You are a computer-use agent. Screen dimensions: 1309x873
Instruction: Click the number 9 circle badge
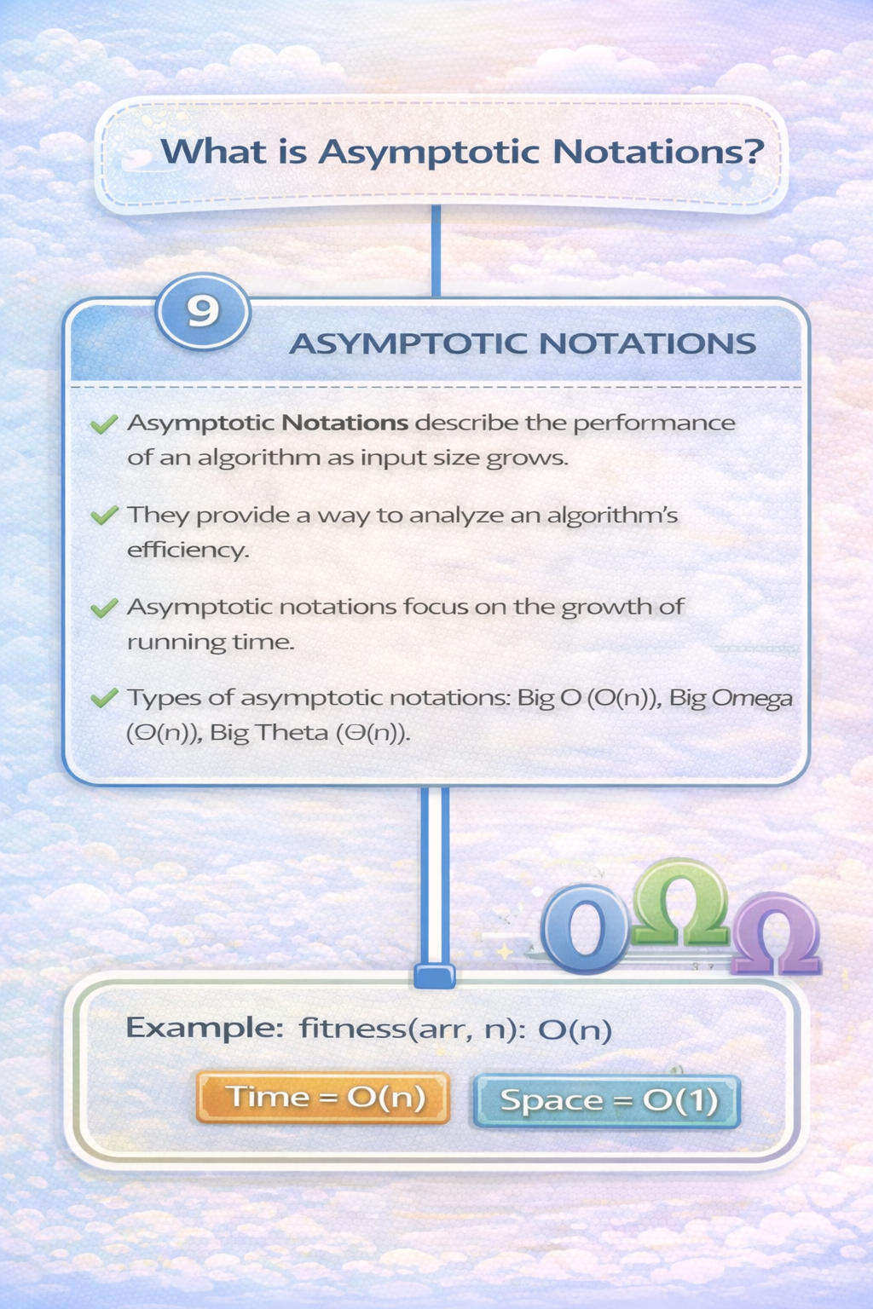tap(203, 311)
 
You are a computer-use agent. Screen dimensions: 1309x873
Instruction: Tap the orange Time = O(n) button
tap(323, 1097)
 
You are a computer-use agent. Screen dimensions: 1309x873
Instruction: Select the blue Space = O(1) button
tap(607, 1100)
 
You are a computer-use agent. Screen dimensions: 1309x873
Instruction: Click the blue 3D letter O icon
tap(585, 929)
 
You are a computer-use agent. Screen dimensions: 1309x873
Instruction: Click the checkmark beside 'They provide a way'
tap(104, 516)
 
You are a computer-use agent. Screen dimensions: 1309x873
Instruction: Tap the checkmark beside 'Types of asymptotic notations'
tap(104, 698)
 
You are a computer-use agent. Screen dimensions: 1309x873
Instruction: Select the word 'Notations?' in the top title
tap(657, 152)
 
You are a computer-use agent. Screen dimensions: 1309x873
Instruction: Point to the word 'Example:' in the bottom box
tap(204, 1028)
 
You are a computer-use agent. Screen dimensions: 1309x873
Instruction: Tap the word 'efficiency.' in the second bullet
tap(188, 550)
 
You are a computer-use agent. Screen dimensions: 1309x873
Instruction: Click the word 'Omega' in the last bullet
tap(752, 698)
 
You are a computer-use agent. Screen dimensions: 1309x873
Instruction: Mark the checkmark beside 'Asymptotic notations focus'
tap(104, 608)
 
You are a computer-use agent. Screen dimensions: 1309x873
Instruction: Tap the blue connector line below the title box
tap(436, 251)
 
